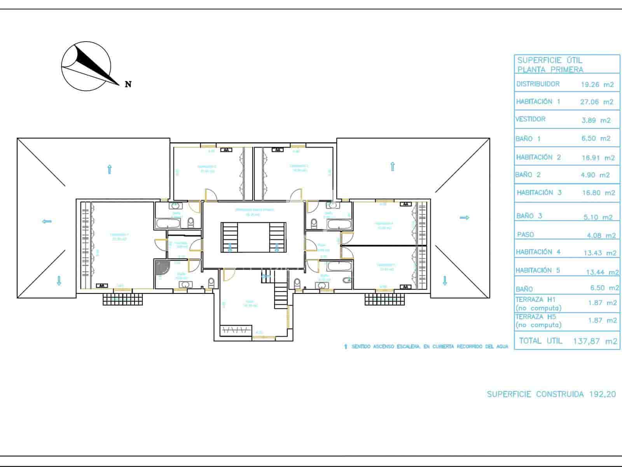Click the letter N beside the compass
(x=128, y=84)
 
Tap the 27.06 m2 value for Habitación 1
(x=596, y=102)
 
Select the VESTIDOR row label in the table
(x=530, y=119)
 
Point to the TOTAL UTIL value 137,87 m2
(x=595, y=341)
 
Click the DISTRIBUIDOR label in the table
(x=538, y=84)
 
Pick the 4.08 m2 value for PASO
(x=601, y=235)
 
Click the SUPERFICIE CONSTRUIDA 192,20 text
(x=551, y=394)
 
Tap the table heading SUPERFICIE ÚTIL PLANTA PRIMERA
(x=550, y=65)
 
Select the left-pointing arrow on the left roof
(x=47, y=221)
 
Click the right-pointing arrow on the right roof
(x=465, y=218)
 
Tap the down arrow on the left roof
(x=59, y=281)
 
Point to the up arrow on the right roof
(x=393, y=167)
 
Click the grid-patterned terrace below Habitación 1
(x=123, y=299)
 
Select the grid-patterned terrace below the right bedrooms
(x=384, y=299)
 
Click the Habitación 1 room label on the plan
(x=119, y=237)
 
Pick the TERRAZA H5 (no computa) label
(x=538, y=321)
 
